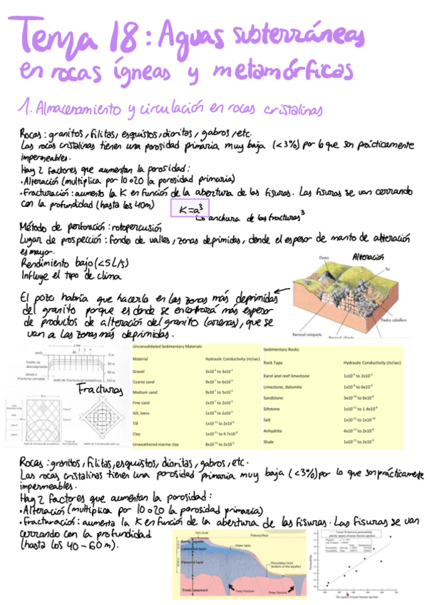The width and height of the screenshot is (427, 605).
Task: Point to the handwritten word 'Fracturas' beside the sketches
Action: click(98, 391)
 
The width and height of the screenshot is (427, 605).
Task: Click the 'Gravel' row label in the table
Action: click(140, 372)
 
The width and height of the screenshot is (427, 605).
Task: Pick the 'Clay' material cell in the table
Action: click(139, 432)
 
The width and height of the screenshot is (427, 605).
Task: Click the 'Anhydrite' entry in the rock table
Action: click(274, 431)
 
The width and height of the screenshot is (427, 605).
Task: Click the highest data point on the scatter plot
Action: click(390, 537)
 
